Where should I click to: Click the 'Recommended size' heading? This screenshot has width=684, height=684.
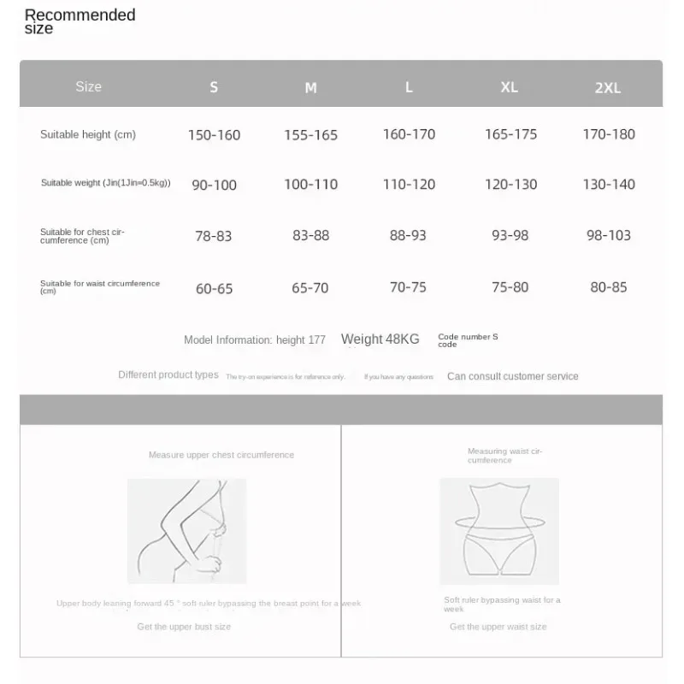80,21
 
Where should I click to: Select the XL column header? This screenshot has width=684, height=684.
510,87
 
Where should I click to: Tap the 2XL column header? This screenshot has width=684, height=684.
608,88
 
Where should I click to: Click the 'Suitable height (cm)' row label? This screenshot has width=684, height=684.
88,134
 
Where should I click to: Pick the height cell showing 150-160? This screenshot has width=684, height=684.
214,135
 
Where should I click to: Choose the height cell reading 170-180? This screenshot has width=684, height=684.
609,134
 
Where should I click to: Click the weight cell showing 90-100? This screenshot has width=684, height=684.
214,185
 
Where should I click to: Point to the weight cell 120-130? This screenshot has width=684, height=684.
511,185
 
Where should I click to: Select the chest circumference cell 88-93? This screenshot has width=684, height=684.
408,235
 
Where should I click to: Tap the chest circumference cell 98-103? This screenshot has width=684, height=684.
609,235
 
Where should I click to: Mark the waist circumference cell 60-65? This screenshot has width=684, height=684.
214,288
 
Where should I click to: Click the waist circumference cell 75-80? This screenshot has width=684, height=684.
510,287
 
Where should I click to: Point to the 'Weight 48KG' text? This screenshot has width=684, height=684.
380,339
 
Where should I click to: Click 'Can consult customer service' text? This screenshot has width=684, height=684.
513,376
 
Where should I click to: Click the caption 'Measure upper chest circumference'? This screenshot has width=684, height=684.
221,455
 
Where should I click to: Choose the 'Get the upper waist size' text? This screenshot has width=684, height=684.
498,627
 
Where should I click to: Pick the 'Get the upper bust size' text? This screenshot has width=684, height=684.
184,627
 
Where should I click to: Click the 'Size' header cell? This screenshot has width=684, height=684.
88,86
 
